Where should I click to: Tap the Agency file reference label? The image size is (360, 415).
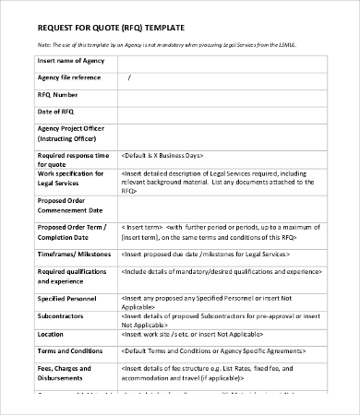[x=72, y=77]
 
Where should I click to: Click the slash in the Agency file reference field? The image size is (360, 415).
[x=129, y=77]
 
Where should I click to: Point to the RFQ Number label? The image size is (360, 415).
[x=58, y=93]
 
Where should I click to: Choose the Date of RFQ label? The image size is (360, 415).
[x=55, y=111]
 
